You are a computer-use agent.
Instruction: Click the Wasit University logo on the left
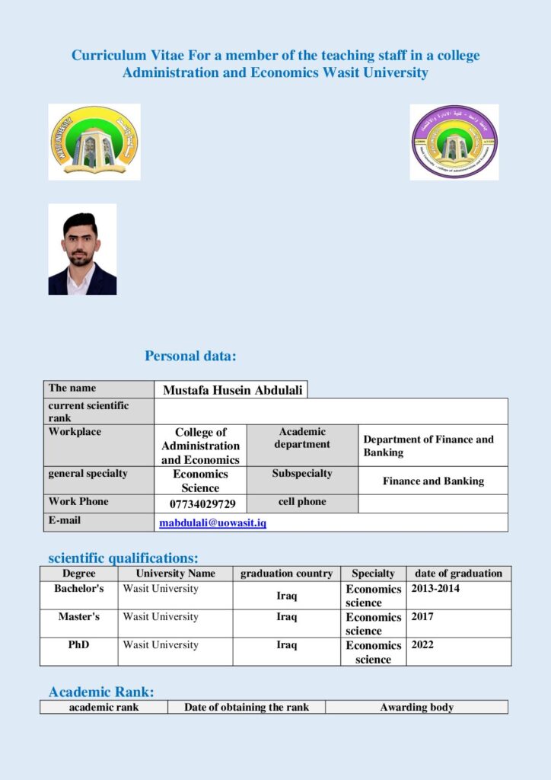tap(94, 142)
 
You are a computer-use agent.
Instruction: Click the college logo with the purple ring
tap(454, 142)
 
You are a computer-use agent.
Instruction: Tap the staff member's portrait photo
tap(82, 249)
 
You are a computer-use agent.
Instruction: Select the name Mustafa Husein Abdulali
tap(232, 390)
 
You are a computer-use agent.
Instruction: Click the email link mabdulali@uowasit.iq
tap(212, 523)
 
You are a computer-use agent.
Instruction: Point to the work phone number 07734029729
tap(202, 504)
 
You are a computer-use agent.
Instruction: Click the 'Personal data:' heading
tap(190, 356)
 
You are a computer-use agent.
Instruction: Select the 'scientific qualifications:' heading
tap(123, 558)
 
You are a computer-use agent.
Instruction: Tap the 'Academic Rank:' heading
tap(101, 692)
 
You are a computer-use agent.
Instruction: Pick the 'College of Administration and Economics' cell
tap(200, 446)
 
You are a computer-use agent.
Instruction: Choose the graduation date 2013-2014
tap(435, 589)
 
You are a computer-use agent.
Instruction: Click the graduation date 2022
tap(422, 644)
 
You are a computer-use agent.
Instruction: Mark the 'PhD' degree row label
tap(78, 644)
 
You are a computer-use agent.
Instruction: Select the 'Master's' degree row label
tap(78, 616)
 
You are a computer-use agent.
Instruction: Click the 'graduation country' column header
tap(286, 574)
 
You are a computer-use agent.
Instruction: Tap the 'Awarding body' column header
tap(416, 707)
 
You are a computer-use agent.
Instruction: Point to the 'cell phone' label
tap(302, 502)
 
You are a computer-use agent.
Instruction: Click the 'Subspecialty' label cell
tap(302, 474)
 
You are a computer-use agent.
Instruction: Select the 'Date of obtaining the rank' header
tap(247, 707)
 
